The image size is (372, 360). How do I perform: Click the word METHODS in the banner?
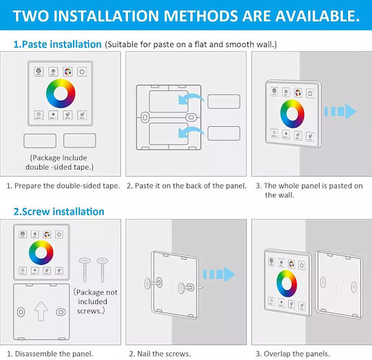click(200, 16)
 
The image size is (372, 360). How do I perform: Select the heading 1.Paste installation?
click(57, 44)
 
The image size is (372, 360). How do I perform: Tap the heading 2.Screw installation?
click(59, 212)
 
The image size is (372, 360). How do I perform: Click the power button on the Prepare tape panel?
click(82, 72)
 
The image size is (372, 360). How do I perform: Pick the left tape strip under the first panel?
click(40, 141)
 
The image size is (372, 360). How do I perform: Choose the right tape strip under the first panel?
click(80, 141)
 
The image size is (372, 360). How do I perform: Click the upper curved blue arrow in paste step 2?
click(190, 98)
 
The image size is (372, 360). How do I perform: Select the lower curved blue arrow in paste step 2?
click(190, 131)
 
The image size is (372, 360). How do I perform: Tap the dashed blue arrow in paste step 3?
click(340, 111)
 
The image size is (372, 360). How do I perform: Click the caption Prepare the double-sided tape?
click(63, 186)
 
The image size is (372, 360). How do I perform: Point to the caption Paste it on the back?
click(187, 186)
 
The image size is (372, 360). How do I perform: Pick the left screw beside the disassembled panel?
click(85, 269)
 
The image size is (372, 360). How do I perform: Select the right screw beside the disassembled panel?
click(103, 269)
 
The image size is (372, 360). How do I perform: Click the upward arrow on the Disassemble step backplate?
click(41, 311)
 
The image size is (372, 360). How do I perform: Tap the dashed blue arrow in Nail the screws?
click(219, 274)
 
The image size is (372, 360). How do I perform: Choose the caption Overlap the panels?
click(293, 354)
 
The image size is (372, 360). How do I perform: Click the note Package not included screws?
click(95, 301)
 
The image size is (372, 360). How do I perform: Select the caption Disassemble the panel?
click(50, 354)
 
